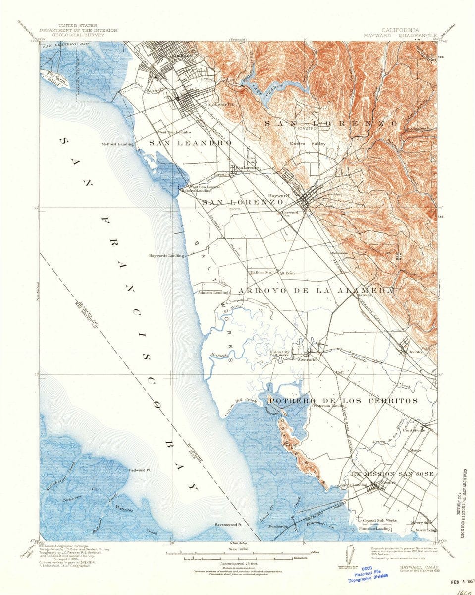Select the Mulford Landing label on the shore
115,145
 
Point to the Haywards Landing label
166,256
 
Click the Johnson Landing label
213,292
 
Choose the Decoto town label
414,351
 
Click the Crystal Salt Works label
379,521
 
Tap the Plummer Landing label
372,529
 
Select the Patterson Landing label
329,405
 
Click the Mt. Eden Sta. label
262,272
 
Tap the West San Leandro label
174,132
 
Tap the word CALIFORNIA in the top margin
400,30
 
